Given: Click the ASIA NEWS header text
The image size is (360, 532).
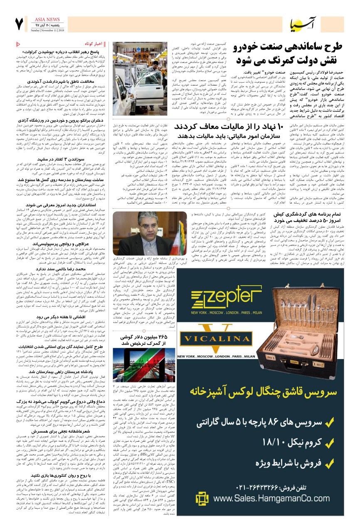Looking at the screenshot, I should tap(47, 19).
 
